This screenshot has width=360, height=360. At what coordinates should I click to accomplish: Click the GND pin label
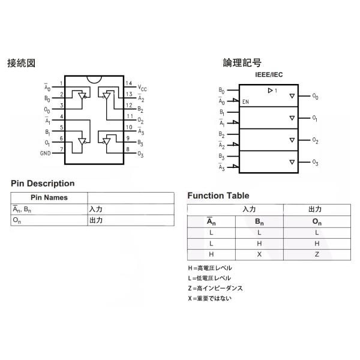(x=45, y=153)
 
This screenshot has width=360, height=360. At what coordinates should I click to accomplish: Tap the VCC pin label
(x=142, y=88)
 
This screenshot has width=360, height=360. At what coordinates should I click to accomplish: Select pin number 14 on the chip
(x=129, y=83)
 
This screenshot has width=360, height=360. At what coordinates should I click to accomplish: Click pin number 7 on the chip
(x=61, y=149)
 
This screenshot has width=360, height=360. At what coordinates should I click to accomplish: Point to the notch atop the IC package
(x=94, y=79)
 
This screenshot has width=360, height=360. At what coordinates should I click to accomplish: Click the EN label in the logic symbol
(x=245, y=102)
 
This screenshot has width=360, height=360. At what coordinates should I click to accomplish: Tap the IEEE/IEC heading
(x=269, y=74)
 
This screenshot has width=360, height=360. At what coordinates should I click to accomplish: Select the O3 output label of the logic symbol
(x=315, y=163)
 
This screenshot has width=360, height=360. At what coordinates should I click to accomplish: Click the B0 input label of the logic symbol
(x=221, y=91)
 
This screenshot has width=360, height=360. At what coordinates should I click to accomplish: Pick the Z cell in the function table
(x=317, y=254)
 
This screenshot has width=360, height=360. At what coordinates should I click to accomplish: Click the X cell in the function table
(x=259, y=254)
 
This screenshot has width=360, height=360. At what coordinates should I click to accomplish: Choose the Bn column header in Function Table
(x=259, y=221)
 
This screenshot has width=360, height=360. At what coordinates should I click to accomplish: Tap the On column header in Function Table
(x=317, y=221)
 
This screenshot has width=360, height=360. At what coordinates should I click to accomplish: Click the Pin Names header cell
(x=49, y=197)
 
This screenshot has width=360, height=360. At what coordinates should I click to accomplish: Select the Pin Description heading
(x=43, y=183)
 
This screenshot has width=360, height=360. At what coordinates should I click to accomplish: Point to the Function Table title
(x=218, y=196)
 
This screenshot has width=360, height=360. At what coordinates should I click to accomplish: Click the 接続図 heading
(x=21, y=63)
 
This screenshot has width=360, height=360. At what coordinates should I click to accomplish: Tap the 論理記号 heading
(x=242, y=62)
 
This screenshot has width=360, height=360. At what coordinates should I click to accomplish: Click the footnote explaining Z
(x=215, y=288)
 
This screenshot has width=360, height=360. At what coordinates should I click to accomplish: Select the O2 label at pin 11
(x=140, y=120)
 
